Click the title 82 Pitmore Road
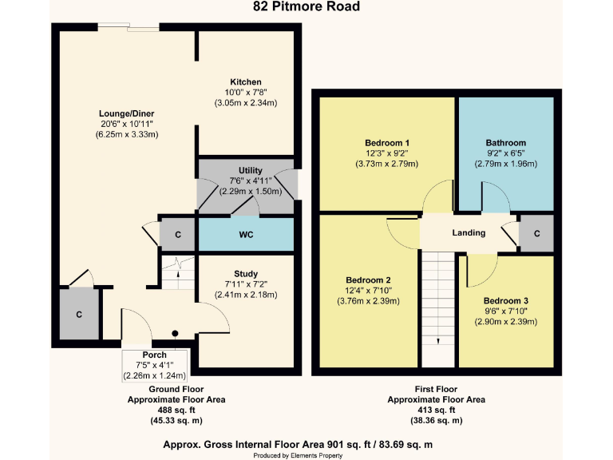pos(306,7)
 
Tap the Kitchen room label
pos(246,82)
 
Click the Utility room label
pos(251,171)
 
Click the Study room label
pos(246,274)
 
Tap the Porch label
pos(154,355)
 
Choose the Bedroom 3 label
pos(508,301)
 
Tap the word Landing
pos(469,233)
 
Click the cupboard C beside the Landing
pos(537,233)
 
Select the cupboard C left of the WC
pos(178,235)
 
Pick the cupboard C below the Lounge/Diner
pos(79,315)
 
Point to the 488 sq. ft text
pos(176,410)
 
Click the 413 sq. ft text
pos(436,410)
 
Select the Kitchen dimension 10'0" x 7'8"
pos(246,93)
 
